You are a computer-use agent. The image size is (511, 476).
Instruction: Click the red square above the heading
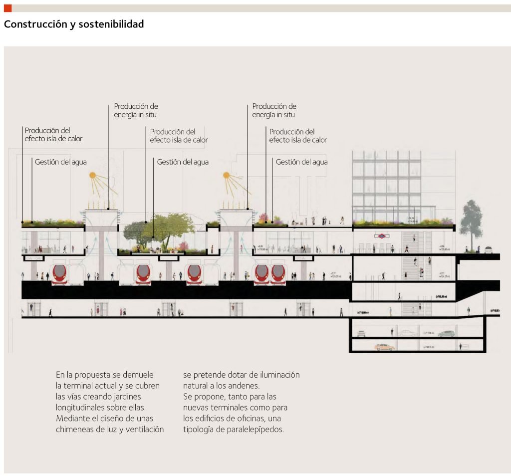click(7, 8)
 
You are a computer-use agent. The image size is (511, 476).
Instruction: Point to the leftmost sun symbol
click(92, 175)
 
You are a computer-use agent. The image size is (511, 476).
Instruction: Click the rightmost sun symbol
click(226, 175)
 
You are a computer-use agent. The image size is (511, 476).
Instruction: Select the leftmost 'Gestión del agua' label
click(61, 162)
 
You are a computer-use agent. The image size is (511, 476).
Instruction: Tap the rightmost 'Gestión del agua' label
click(301, 162)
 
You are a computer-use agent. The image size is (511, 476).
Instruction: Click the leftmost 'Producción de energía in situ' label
click(136, 110)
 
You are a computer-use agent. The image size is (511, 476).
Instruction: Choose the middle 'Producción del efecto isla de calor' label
click(179, 136)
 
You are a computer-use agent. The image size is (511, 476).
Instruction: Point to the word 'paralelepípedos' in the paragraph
click(259, 429)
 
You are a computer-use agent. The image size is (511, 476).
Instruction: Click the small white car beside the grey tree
click(489, 250)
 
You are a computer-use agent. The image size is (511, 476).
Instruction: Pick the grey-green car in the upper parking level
click(447, 333)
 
